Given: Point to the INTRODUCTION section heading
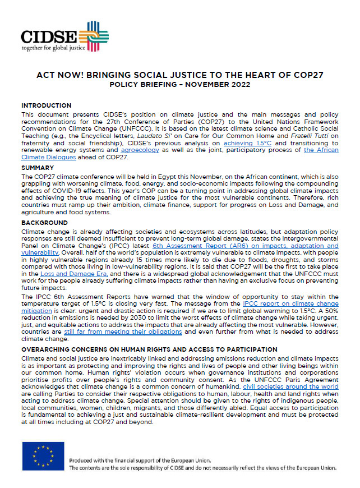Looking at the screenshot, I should click(x=46, y=105).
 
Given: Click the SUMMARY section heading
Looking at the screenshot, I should click(x=38, y=167).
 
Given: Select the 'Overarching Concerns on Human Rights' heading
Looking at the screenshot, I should click(x=149, y=349).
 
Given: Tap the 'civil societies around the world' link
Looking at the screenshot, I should click(x=290, y=386).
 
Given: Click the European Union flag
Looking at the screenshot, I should click(x=43, y=455).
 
